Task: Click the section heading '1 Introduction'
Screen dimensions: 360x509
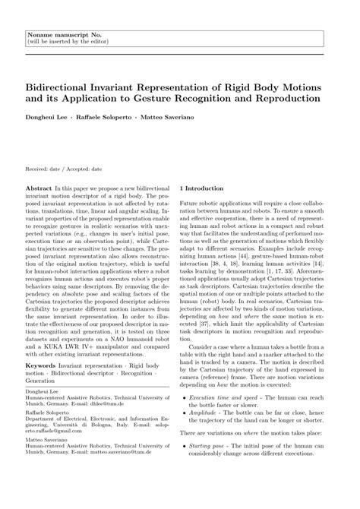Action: tap(201, 187)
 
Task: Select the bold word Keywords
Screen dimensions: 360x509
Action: tap(43, 365)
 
